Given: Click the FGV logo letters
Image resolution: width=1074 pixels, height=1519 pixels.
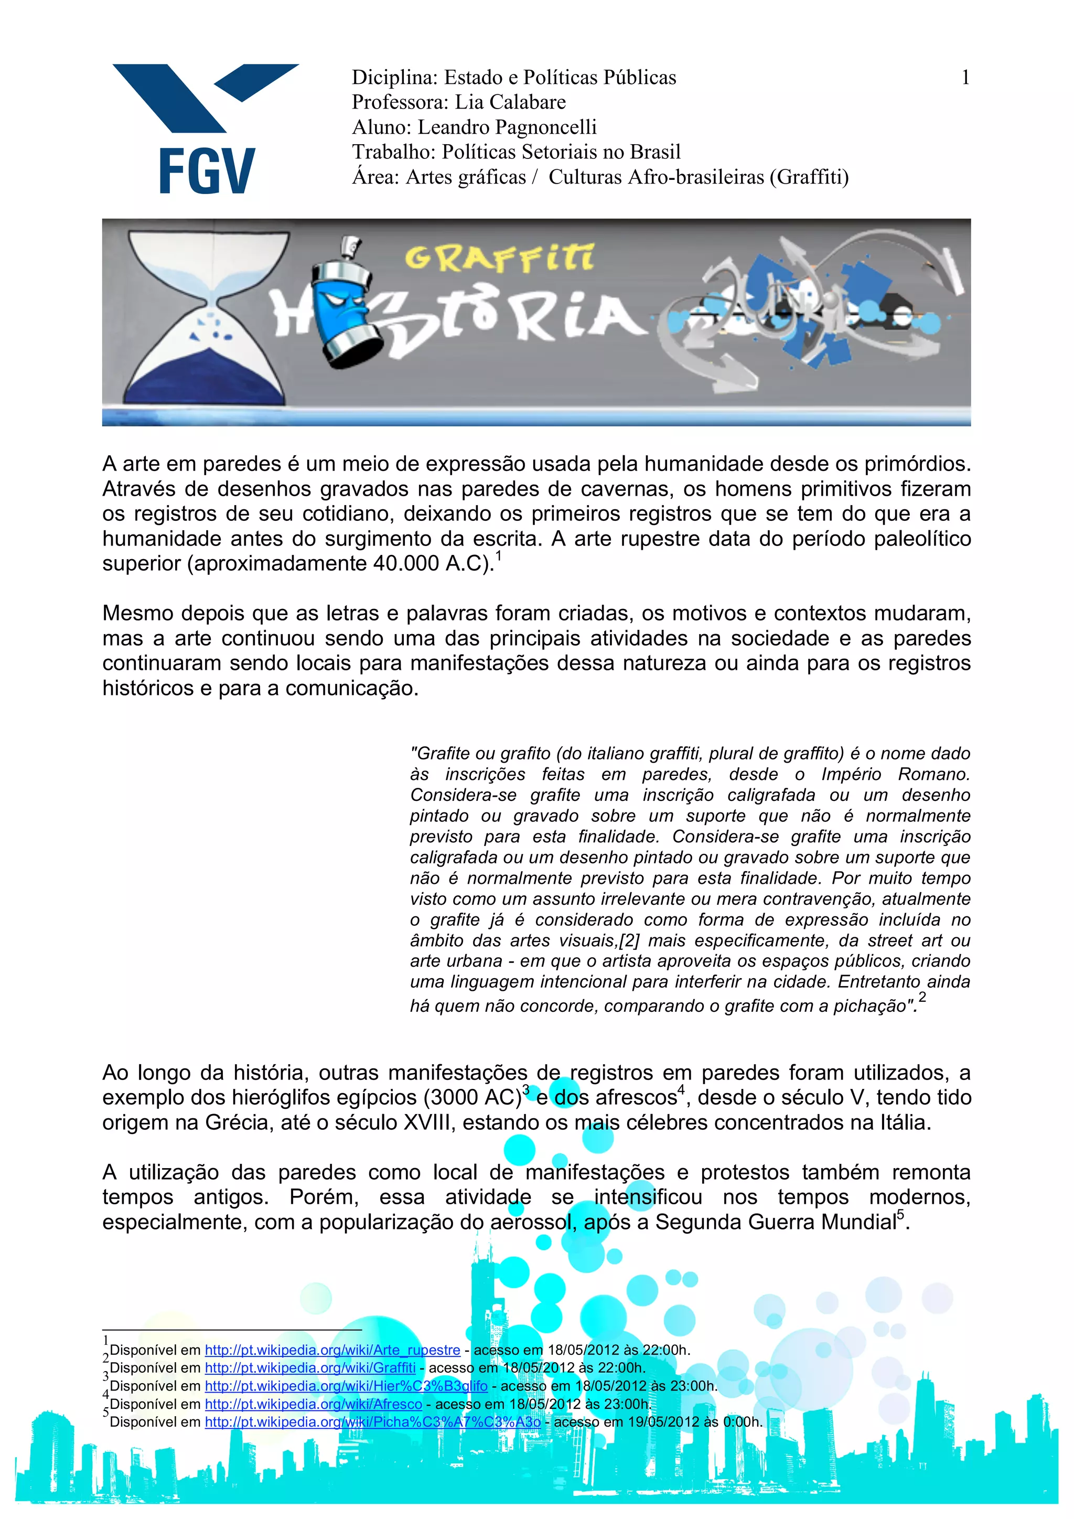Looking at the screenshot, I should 206,170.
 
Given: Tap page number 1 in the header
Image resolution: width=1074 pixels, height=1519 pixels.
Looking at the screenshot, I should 965,78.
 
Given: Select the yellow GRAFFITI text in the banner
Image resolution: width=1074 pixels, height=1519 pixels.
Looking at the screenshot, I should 499,258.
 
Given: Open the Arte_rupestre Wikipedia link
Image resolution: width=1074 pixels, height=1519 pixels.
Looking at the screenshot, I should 332,1350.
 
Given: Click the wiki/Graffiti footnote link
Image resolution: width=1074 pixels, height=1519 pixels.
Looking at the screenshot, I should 309,1367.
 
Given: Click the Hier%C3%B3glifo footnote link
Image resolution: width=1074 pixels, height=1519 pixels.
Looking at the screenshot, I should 346,1385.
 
